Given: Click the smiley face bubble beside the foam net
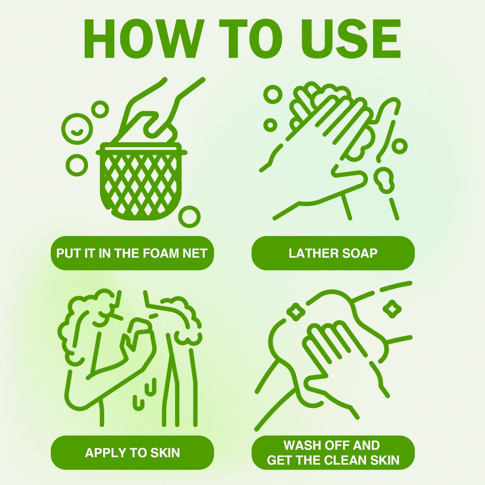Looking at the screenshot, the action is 77,129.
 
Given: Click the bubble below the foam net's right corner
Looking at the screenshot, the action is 189,217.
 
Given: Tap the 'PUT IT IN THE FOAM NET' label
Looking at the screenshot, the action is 132,253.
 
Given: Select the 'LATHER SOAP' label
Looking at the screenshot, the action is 333,253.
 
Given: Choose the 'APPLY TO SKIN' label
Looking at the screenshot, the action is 132,453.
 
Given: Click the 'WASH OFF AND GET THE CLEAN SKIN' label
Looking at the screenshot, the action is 333,453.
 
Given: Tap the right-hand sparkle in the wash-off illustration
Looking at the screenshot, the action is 392,309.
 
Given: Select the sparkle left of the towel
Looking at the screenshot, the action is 295,312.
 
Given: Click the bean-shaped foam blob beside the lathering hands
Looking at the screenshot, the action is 384,180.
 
